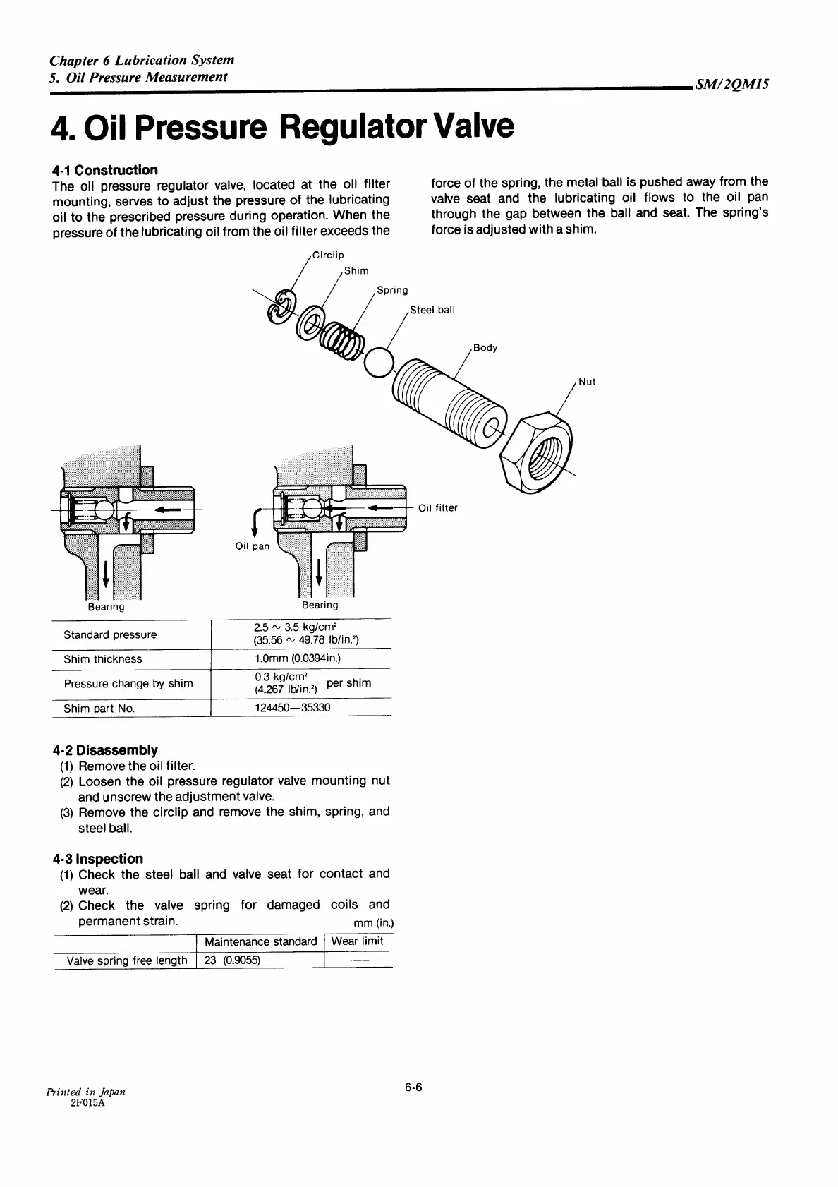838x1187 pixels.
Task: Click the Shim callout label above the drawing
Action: [356, 270]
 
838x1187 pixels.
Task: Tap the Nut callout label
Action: [587, 382]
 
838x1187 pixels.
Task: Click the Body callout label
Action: [485, 347]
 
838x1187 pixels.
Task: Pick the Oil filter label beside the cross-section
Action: [437, 507]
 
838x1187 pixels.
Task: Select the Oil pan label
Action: [252, 546]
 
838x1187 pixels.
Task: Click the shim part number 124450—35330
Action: [291, 707]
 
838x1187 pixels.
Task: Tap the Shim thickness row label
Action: [102, 659]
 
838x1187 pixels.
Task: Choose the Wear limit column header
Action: [357, 941]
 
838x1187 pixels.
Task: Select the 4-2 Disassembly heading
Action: [105, 749]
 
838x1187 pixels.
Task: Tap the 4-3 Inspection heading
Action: [97, 859]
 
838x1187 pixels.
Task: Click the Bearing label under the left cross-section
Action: [106, 607]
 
